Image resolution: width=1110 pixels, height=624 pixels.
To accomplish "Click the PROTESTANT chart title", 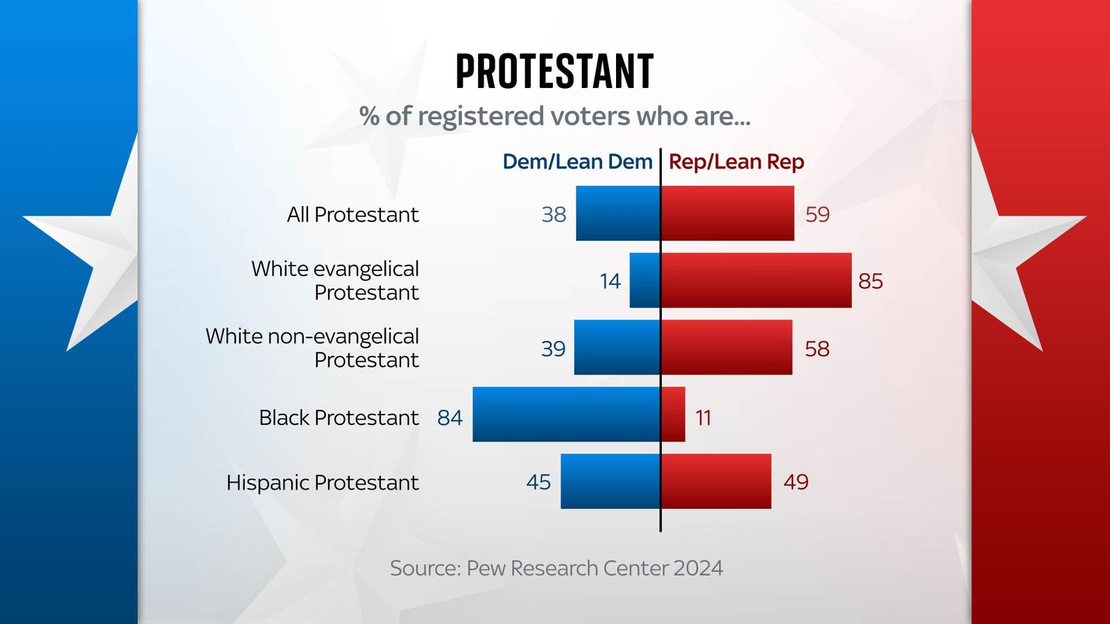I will coord(554,71).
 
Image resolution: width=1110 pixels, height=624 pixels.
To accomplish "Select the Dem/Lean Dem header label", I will coord(577,162).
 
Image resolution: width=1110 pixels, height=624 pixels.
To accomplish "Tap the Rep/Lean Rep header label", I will coord(736,162).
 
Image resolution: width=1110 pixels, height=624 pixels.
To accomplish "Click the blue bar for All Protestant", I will coord(617,214).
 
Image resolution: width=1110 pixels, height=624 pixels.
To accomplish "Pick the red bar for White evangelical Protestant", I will coord(756,280).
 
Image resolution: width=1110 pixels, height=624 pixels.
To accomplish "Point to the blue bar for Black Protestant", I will coord(566,415).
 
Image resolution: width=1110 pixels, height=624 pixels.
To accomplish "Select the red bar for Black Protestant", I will coord(673,415).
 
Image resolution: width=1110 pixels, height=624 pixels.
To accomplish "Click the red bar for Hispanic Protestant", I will coord(716,481).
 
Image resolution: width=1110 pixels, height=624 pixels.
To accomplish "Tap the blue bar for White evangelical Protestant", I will coord(644,280).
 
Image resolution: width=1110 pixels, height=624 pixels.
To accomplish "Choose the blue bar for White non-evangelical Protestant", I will coord(617,347).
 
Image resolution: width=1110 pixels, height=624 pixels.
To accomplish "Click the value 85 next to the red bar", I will coord(870,281).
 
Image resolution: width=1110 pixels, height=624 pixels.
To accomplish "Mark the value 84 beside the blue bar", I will coord(450,417).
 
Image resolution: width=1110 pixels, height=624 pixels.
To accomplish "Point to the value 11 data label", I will coord(703,417).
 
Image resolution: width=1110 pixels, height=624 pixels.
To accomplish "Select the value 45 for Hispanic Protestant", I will coord(538,482).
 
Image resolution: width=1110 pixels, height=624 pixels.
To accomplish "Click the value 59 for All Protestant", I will coord(817,214).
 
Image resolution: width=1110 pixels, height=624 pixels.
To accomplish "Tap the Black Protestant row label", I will coord(339,417).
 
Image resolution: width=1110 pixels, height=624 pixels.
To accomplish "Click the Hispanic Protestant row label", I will coord(322,482).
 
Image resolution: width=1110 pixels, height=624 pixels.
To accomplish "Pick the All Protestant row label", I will coord(352,214).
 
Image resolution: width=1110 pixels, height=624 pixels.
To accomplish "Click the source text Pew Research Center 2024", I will coord(556,568).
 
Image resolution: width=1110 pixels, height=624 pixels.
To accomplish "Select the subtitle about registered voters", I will coord(554,116).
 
